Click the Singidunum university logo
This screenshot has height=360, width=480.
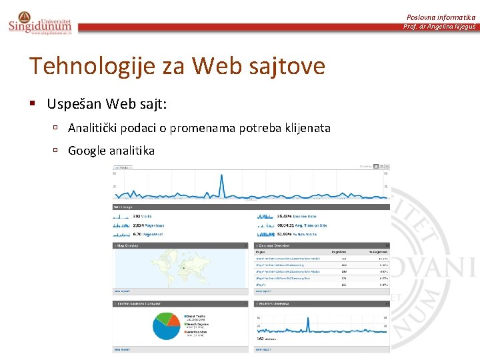[40, 23]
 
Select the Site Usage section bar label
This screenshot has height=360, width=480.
[123, 207]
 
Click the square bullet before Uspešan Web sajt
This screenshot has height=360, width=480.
[32, 104]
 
